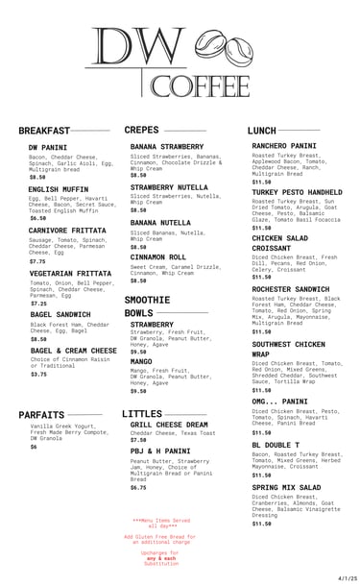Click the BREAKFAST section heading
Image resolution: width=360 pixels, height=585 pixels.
coord(44,131)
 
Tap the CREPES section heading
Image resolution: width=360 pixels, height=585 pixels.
coord(142,130)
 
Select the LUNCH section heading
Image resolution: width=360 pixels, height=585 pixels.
coord(262,130)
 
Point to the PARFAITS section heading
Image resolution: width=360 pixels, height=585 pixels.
coord(41,415)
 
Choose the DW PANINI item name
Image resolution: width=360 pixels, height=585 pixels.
coord(48,147)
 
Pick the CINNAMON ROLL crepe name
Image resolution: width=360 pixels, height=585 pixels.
coord(158,257)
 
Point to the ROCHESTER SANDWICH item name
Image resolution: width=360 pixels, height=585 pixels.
coord(293,289)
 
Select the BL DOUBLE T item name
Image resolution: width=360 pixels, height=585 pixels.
coord(276,445)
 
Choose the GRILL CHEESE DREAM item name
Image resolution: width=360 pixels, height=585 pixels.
coord(169,424)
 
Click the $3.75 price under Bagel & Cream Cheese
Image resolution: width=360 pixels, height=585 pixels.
coord(38,374)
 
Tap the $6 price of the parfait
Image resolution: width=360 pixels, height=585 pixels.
coord(33,447)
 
